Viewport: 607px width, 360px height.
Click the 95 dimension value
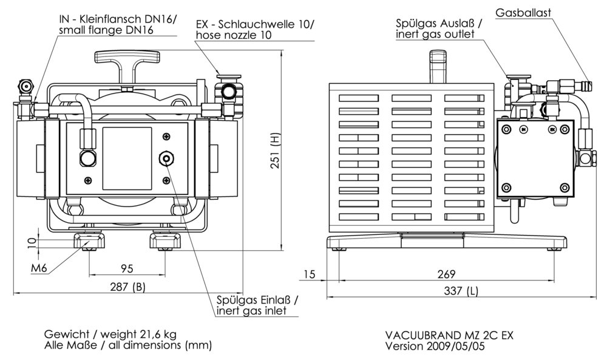pos(127,268)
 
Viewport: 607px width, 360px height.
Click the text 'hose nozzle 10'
pos(233,35)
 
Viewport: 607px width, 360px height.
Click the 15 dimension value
pos(309,274)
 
